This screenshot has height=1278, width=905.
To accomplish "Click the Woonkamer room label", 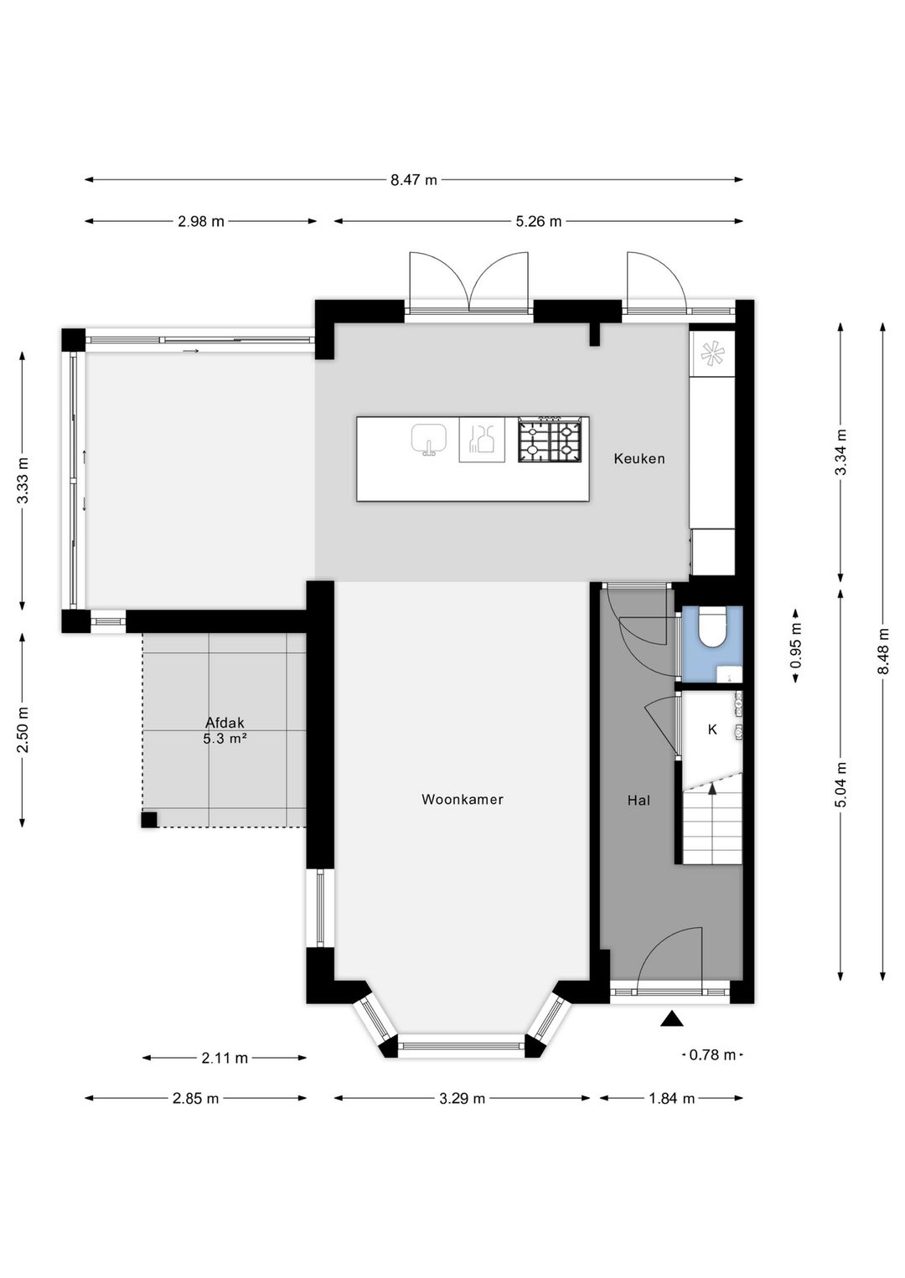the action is pos(462,799).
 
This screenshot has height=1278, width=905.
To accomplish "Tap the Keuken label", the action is pos(639,459).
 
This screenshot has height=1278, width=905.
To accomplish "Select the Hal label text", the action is pos(639,801).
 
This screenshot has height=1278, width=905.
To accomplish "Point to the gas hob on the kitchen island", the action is pos(550,440).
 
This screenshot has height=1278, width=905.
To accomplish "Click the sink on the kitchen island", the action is pos(428,440).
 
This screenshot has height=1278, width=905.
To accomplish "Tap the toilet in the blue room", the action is pos(711,627).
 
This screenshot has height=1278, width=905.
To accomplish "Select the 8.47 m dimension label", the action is pos(413,180).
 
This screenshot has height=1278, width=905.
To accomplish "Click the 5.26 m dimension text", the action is pos(539,221).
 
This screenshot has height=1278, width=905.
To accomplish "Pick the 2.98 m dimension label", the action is pos(201,221).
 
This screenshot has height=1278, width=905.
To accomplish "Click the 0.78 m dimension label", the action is pos(712,1055).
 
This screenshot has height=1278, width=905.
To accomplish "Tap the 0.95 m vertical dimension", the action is pos(797,644).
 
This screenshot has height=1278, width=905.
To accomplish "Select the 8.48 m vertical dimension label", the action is pos(883,651).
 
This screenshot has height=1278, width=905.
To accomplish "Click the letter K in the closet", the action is pos(712,729).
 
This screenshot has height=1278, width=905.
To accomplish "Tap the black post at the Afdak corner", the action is pos(149,820).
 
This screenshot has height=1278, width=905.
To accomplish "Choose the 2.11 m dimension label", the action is pos(225,1059).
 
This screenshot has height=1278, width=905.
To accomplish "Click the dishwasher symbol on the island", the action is pos(482,440).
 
